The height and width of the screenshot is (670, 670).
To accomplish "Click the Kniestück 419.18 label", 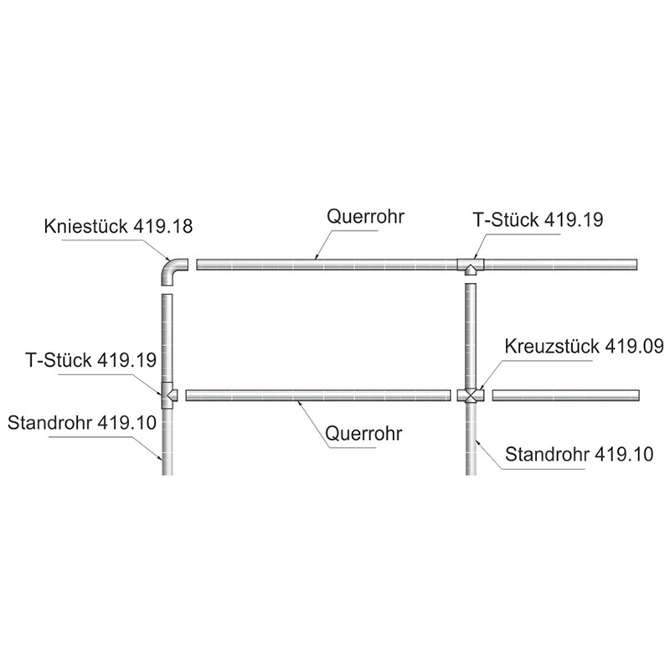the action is [118, 226].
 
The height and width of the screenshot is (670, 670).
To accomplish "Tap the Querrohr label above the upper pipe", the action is [365, 217].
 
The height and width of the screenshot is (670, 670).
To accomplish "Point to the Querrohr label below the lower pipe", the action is [363, 433].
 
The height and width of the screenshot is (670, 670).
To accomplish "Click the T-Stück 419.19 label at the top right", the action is [538, 219].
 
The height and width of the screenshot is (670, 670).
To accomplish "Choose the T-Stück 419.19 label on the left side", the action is [91, 360].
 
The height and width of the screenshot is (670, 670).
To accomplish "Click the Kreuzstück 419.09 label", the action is [584, 346].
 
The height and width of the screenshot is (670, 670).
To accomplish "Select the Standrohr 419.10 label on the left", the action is [82, 423].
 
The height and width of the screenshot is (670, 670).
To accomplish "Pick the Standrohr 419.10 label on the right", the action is [579, 454].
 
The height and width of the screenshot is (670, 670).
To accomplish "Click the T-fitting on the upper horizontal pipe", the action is [471, 265].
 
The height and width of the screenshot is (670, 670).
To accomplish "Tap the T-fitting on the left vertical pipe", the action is [168, 395].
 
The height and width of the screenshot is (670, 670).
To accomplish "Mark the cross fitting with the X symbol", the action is [471, 395].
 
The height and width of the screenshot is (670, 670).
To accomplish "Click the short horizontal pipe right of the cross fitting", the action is [566, 395].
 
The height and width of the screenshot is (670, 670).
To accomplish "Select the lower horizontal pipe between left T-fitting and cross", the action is [318, 395].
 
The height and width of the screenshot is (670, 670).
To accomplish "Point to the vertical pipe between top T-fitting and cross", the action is [471, 336].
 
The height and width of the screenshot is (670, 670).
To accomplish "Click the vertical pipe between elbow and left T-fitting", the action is [167, 338].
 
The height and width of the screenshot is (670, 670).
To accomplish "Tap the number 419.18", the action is [162, 226].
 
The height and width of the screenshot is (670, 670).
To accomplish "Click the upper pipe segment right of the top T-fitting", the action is [560, 265].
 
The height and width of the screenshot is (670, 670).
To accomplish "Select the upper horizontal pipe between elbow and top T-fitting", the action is [327, 265].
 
